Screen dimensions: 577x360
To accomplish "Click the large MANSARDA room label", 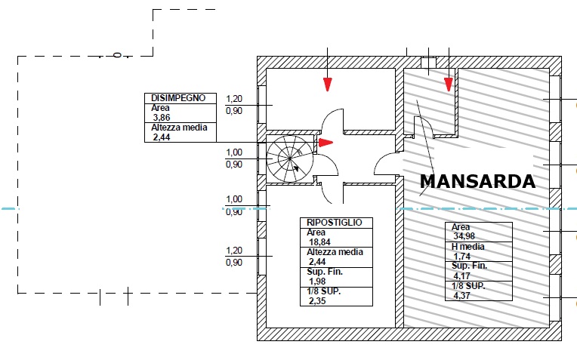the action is [477, 181].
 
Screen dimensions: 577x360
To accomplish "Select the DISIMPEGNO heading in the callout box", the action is [178, 98].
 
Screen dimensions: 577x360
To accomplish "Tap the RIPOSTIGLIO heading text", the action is [334, 223].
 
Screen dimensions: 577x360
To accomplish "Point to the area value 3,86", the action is [162, 118].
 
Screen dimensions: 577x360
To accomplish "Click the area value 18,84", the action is [319, 242].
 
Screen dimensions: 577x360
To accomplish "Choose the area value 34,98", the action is [464, 236].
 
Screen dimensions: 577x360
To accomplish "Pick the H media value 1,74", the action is [461, 257].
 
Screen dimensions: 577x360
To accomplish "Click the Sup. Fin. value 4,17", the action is [461, 275].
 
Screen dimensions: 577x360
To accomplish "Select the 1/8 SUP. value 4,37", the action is [461, 295].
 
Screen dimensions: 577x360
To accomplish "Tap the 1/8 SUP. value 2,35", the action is [317, 301].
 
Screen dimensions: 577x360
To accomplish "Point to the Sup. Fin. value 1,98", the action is [317, 282].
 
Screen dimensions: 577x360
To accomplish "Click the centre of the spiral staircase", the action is [289, 158].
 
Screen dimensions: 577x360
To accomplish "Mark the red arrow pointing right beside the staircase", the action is [326, 143].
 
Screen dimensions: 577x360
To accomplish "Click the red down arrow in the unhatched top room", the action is [328, 85].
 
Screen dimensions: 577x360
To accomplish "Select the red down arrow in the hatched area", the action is [448, 85].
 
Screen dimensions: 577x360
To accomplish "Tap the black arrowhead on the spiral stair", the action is [296, 168].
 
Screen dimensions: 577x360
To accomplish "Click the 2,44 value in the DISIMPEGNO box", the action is [162, 137].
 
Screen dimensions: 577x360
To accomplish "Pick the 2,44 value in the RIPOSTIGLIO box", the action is [317, 261].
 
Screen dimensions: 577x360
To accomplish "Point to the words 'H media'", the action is [467, 246].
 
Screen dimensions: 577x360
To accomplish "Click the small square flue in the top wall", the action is [428, 62].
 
